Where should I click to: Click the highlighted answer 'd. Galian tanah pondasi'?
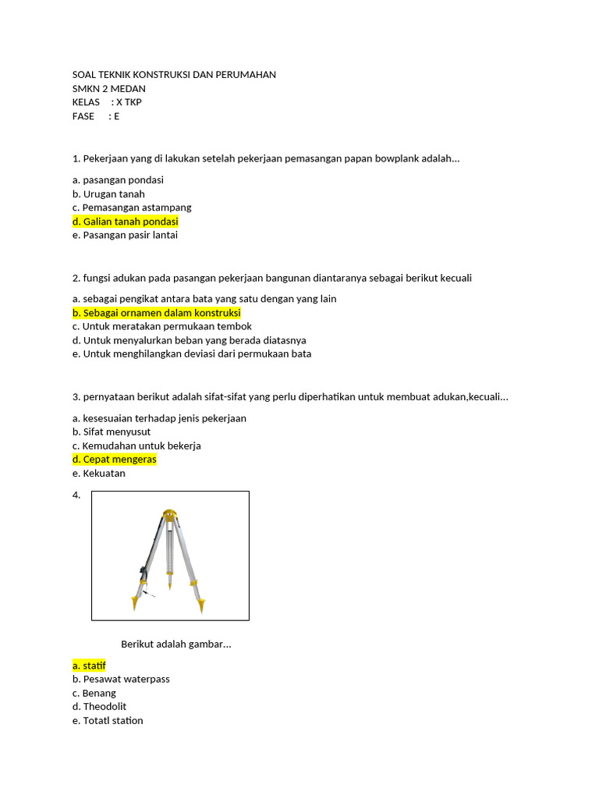click(125, 222)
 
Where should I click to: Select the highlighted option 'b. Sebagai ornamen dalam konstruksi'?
click(156, 313)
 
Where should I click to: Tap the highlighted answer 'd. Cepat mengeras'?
click(114, 460)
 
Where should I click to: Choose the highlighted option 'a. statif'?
click(89, 666)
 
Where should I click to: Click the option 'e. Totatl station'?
click(108, 720)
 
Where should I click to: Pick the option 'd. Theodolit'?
click(99, 707)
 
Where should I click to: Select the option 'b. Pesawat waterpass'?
click(121, 679)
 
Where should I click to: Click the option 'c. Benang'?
click(94, 693)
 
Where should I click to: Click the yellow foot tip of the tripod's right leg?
click(201, 605)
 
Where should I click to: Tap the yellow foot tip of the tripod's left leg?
click(135, 603)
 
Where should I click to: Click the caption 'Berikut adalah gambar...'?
click(176, 645)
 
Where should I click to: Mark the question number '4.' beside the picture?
click(76, 495)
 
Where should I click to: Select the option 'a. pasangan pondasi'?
click(118, 180)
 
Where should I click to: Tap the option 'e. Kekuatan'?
click(98, 474)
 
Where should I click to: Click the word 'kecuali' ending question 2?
click(455, 279)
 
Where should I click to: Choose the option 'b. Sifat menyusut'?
click(112, 432)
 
